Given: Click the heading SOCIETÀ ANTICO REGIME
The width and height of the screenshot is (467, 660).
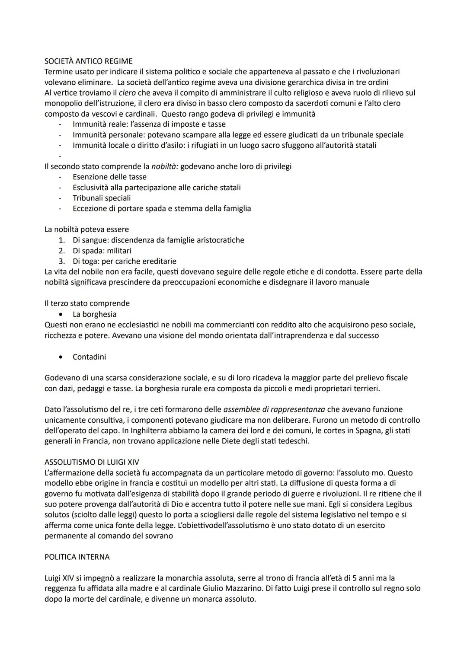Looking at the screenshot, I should pyautogui.click(x=88, y=61).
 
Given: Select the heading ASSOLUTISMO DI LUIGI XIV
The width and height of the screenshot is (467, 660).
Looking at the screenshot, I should pyautogui.click(x=92, y=462).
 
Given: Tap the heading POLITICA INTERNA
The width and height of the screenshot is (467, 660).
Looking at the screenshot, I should pyautogui.click(x=77, y=557).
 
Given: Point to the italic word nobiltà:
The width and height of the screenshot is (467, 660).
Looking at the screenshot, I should pyautogui.click(x=165, y=166).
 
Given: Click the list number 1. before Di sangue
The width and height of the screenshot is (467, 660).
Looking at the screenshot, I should pyautogui.click(x=62, y=240).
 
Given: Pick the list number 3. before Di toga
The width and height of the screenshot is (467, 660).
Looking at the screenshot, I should pyautogui.click(x=62, y=261).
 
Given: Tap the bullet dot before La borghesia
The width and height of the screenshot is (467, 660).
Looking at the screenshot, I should pyautogui.click(x=64, y=314).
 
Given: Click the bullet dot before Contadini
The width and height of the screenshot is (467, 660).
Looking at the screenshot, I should pyautogui.click(x=64, y=357).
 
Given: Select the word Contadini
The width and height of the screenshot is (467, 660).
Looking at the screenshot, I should pyautogui.click(x=89, y=357).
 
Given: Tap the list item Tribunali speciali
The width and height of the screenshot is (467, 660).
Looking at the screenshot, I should pyautogui.click(x=102, y=198).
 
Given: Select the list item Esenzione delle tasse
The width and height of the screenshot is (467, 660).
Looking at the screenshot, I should pyautogui.click(x=109, y=177).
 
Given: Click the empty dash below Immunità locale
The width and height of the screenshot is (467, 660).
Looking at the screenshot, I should pyautogui.click(x=60, y=156).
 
